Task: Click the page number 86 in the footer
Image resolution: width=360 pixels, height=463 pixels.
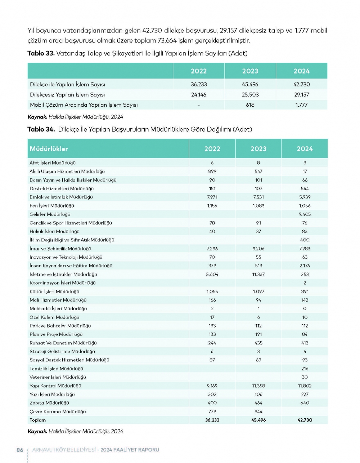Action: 20,450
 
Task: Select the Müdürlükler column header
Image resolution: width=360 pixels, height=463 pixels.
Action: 49,149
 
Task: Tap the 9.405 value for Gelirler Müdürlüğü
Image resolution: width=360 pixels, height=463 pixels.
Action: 305,214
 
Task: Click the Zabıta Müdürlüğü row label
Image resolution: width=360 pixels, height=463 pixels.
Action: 49,403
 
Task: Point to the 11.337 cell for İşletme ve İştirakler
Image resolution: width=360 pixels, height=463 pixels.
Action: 258,274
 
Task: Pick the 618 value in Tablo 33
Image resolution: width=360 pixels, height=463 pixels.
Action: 250,105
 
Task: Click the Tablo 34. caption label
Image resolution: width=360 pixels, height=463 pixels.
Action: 41,129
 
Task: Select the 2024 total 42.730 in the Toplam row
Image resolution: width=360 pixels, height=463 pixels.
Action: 305,420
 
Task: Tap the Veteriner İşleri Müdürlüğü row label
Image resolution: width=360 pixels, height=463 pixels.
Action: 58,377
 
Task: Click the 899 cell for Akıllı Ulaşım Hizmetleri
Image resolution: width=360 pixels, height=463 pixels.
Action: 212,172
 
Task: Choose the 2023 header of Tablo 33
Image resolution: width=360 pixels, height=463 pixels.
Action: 250,71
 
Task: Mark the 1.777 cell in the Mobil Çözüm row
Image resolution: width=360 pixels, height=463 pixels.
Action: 301,105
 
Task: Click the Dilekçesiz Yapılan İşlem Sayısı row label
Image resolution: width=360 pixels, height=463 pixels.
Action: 67,95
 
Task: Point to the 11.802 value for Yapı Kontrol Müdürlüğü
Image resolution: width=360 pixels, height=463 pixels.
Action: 305,386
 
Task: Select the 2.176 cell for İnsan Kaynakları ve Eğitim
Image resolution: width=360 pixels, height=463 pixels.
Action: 305,266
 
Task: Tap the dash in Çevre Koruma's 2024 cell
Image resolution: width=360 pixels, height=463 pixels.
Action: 305,411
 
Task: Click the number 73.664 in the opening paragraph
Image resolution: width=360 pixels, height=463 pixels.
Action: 166,40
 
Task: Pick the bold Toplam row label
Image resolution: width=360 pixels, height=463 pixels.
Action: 37,420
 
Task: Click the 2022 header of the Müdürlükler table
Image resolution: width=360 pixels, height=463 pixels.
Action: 212,149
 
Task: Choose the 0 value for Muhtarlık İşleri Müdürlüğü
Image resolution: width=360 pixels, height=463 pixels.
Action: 305,309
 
